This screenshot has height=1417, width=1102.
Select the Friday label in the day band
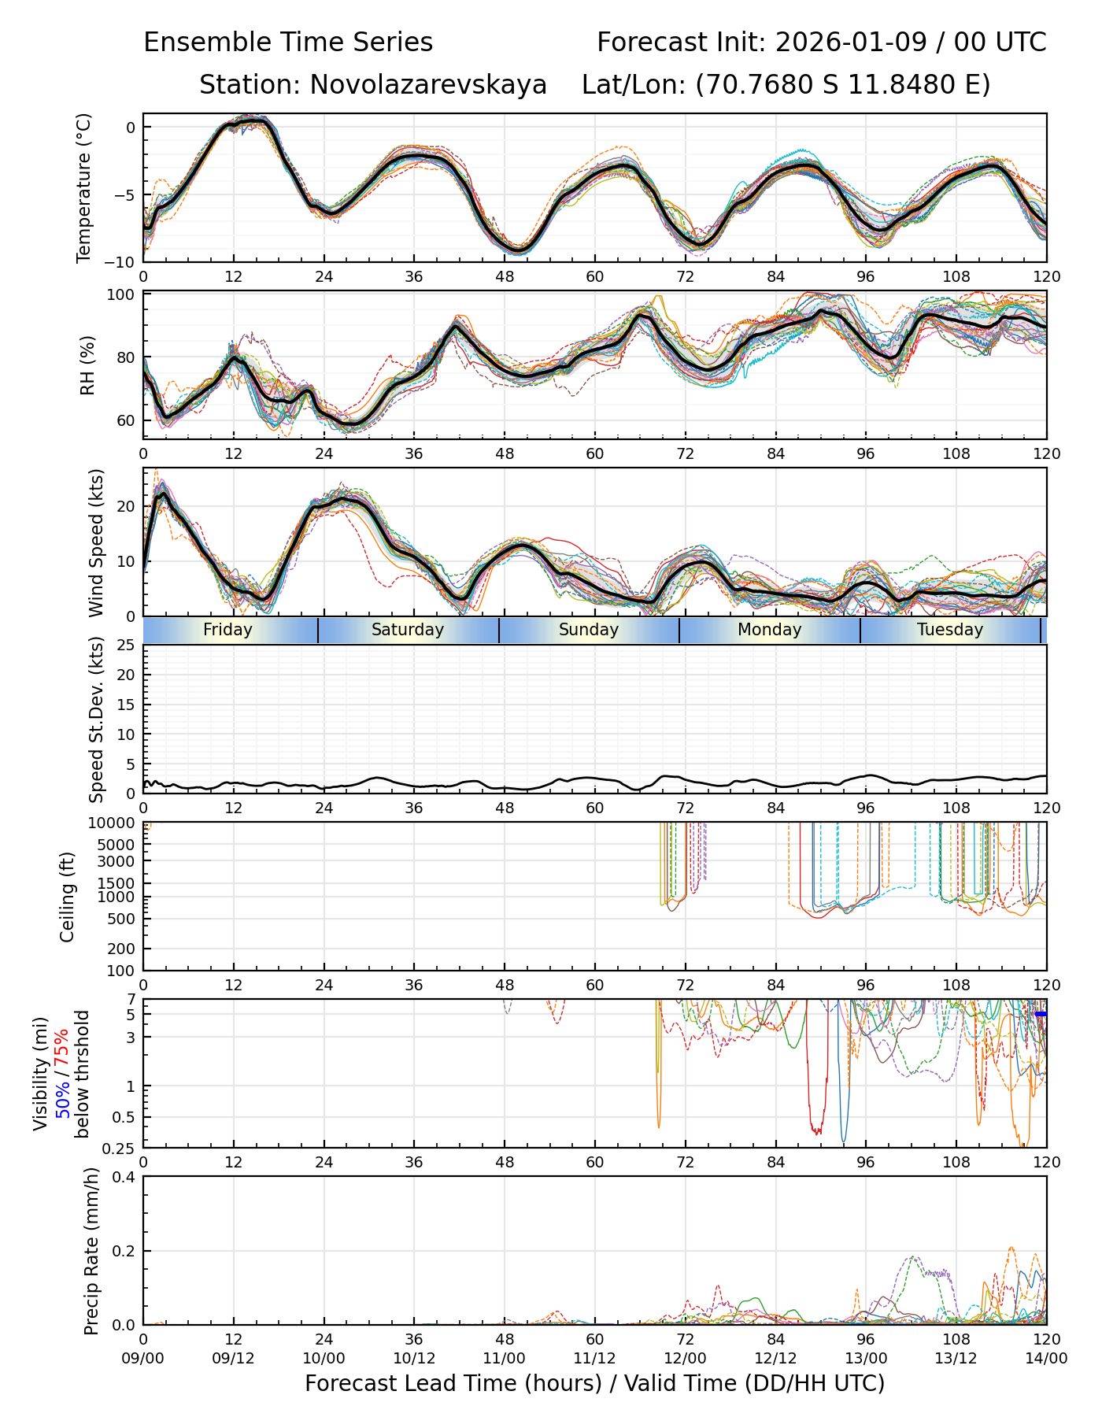pyautogui.click(x=227, y=630)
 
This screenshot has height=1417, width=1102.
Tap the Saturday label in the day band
pyautogui.click(x=408, y=630)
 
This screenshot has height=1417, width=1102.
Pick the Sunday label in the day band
pyautogui.click(x=589, y=630)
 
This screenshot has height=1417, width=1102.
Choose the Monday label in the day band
pyautogui.click(x=769, y=630)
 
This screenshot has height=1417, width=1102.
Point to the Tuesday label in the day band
pyautogui.click(x=950, y=630)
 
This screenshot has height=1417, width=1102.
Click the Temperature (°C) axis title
pyautogui.click(x=84, y=187)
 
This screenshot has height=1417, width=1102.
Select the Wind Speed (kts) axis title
pyautogui.click(x=96, y=542)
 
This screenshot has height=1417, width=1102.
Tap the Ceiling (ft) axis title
pyautogui.click(x=68, y=897)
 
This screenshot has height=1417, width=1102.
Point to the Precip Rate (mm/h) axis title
pyautogui.click(x=91, y=1251)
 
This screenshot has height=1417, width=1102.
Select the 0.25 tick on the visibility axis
pyautogui.click(x=120, y=1147)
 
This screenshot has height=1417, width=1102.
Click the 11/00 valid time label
pyautogui.click(x=505, y=1359)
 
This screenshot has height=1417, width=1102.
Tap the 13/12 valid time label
pyautogui.click(x=956, y=1359)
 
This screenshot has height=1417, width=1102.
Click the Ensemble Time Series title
pyautogui.click(x=288, y=42)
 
